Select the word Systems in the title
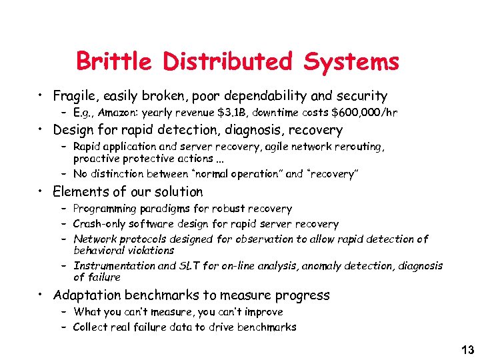click(351, 61)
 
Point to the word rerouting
click(359, 146)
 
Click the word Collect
click(92, 327)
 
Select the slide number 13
click(467, 349)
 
